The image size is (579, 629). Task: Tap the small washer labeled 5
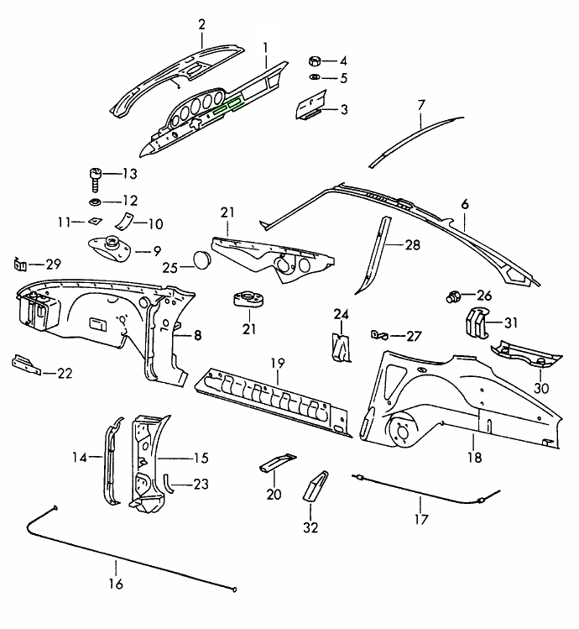(314, 78)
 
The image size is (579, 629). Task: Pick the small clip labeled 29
(18, 265)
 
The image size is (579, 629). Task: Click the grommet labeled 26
(454, 296)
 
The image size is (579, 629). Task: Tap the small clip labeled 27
(377, 336)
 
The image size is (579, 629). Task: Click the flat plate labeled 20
(276, 463)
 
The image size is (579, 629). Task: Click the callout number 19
(278, 364)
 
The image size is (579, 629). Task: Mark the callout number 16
(116, 584)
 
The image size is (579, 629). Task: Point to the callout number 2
(201, 24)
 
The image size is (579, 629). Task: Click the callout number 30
(540, 388)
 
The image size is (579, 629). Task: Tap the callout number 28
(412, 245)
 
